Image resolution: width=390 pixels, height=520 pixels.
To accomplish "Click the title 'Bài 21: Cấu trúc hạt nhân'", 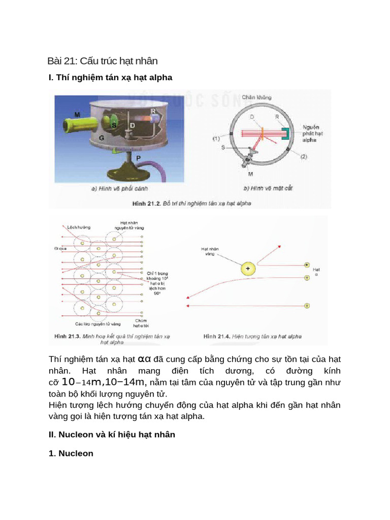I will point(103,61).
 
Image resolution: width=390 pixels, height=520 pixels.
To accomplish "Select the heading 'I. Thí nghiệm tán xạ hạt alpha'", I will point(110,78).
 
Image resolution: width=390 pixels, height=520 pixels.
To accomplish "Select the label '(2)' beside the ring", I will point(303,157).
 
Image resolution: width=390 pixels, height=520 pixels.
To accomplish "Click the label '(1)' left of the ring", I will point(216,138).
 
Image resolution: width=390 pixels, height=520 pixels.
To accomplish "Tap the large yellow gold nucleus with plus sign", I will point(248,268).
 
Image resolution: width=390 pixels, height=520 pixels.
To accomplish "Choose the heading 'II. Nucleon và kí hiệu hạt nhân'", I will point(112,435).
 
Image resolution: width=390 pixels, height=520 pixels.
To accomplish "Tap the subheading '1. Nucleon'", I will point(71,453).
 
